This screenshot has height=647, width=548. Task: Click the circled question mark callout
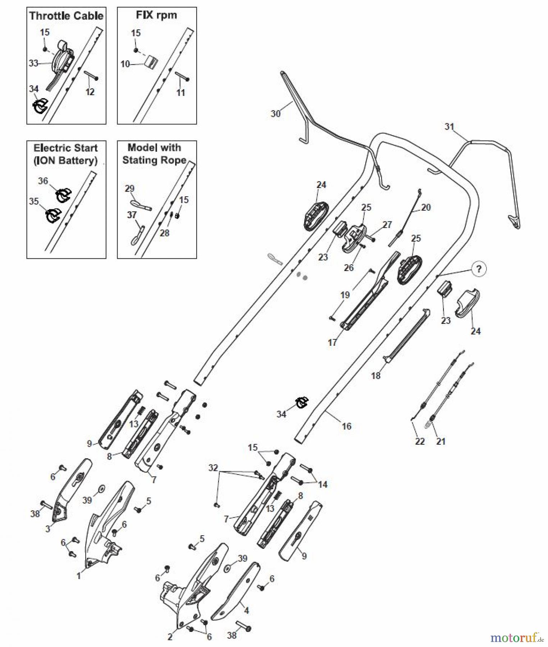[479, 269]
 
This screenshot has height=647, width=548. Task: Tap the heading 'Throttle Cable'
[66, 16]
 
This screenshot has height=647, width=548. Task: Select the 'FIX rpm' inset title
[156, 15]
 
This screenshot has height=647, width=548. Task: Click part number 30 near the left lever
[275, 114]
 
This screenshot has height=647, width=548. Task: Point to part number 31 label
[449, 127]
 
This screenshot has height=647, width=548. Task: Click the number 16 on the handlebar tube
[346, 426]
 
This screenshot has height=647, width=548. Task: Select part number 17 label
[332, 343]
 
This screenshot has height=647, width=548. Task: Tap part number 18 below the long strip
[376, 376]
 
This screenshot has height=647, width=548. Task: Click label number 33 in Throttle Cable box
[33, 63]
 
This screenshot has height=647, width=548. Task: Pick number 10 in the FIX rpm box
[125, 64]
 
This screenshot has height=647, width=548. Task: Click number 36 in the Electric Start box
[43, 181]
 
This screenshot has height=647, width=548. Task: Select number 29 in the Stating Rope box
[129, 189]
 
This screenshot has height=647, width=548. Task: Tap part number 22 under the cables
[420, 441]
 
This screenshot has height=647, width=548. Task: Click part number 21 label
[441, 441]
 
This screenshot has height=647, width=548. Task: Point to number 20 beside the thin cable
[425, 207]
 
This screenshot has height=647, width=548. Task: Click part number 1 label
[79, 576]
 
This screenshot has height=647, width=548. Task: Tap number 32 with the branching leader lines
[213, 468]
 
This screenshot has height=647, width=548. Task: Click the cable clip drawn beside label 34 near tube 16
[301, 402]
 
